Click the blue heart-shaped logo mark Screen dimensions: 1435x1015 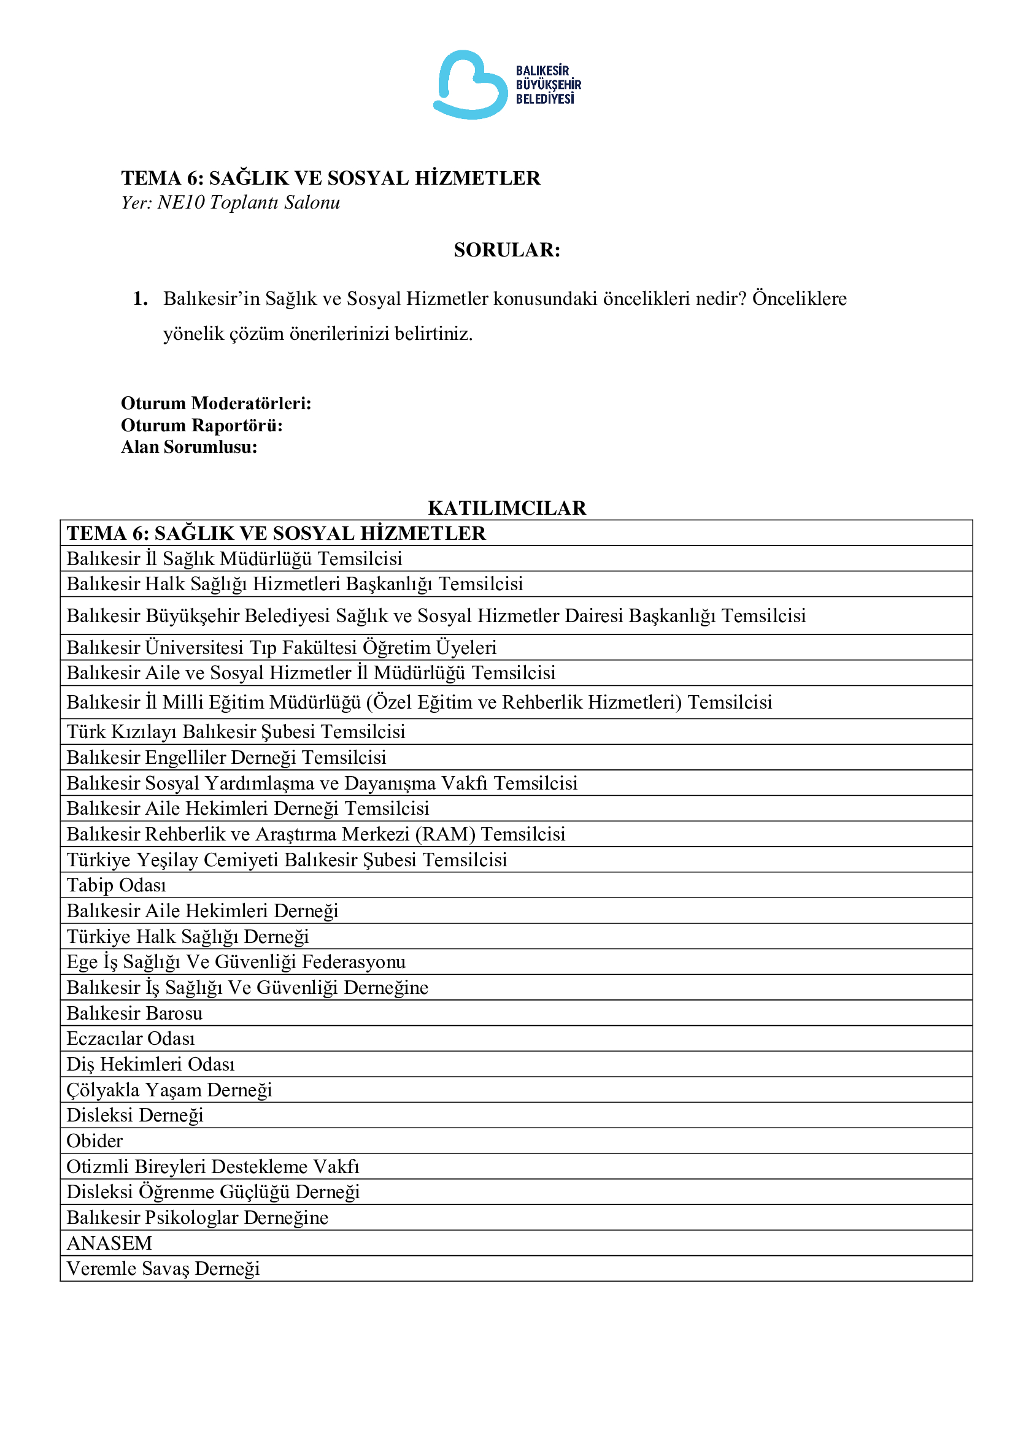point(470,85)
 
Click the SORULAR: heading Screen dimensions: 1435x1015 point(507,250)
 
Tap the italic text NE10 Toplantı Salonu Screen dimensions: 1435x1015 point(249,202)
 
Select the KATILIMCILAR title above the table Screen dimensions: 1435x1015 point(507,507)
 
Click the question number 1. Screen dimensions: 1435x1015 point(140,299)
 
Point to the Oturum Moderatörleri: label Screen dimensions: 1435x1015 point(216,403)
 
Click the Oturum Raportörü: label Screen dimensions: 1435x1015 point(202,425)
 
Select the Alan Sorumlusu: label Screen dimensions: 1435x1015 point(190,447)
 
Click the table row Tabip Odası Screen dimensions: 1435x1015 point(117,885)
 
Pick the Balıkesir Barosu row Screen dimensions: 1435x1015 point(135,1013)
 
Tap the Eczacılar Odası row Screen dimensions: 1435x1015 point(131,1038)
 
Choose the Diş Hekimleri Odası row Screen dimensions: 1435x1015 point(151,1064)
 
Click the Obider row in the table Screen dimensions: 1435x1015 point(95,1141)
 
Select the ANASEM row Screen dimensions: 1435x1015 point(109,1243)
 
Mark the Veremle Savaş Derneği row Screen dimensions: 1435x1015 point(164,1268)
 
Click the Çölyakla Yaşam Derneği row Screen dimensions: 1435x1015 point(170,1090)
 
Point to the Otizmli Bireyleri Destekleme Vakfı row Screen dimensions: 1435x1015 point(213,1166)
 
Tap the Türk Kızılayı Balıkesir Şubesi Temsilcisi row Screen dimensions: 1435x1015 point(236,731)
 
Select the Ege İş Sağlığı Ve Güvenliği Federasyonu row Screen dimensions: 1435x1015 point(236,961)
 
